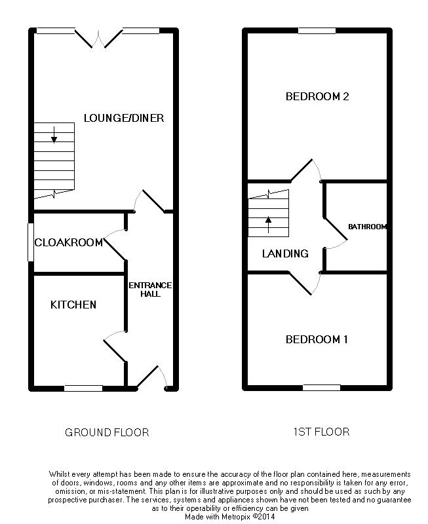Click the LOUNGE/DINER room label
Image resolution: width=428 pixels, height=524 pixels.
(x=124, y=118)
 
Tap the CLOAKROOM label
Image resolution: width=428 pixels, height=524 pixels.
(x=69, y=242)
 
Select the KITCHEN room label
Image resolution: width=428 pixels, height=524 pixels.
(x=73, y=305)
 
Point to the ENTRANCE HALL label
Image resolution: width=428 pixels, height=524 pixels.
(x=150, y=290)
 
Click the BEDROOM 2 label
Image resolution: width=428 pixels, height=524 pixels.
(x=317, y=96)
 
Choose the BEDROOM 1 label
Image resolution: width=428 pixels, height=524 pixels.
(x=317, y=339)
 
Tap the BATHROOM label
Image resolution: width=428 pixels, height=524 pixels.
(x=367, y=227)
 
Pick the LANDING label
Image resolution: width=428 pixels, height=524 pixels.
(x=285, y=253)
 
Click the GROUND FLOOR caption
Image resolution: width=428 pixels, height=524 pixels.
(x=107, y=432)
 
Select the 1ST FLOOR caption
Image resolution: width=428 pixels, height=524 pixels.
(x=321, y=432)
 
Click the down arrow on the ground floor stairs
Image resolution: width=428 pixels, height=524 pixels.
(x=54, y=134)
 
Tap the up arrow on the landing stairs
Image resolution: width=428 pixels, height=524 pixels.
(x=268, y=225)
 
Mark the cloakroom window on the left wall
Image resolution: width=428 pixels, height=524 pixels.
(x=31, y=242)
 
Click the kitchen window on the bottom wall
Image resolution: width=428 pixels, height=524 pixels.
(x=83, y=388)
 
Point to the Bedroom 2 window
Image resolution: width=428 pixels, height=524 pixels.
(x=317, y=31)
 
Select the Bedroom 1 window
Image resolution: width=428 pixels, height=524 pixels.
(x=322, y=388)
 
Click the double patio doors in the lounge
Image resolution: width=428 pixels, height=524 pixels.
(x=98, y=39)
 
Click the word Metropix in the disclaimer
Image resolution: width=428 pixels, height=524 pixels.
(x=233, y=517)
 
